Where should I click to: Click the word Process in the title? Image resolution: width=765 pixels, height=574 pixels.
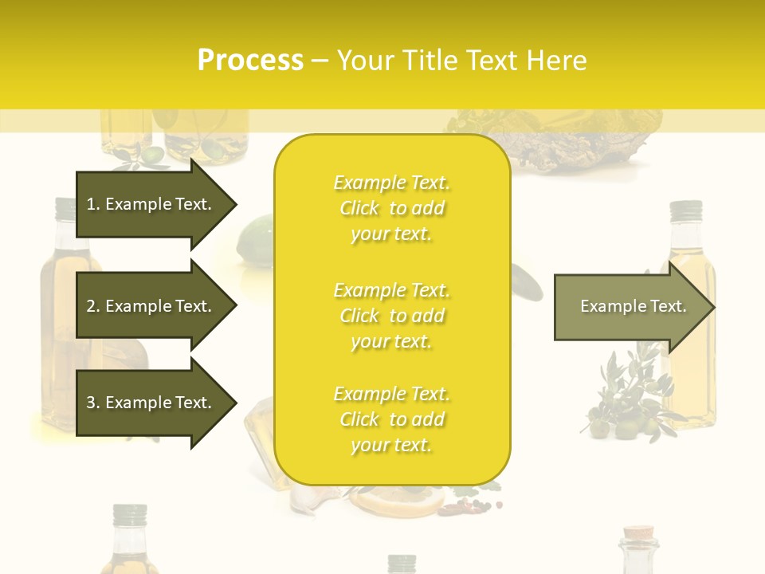(x=250, y=61)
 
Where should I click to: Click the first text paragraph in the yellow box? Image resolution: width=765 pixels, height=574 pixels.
(x=391, y=208)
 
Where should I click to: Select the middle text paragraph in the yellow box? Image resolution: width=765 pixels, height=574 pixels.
(x=391, y=316)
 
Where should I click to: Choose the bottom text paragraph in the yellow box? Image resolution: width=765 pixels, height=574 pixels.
(x=391, y=419)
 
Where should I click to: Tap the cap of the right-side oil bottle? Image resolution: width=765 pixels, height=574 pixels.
(x=685, y=211)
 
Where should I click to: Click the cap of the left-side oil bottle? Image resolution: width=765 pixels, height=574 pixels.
(x=65, y=209)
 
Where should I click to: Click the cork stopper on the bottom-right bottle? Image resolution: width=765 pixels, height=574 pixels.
(x=639, y=533)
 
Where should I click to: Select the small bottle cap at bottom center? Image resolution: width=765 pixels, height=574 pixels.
(x=402, y=563)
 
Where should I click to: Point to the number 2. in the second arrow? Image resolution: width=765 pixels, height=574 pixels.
(x=93, y=306)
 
